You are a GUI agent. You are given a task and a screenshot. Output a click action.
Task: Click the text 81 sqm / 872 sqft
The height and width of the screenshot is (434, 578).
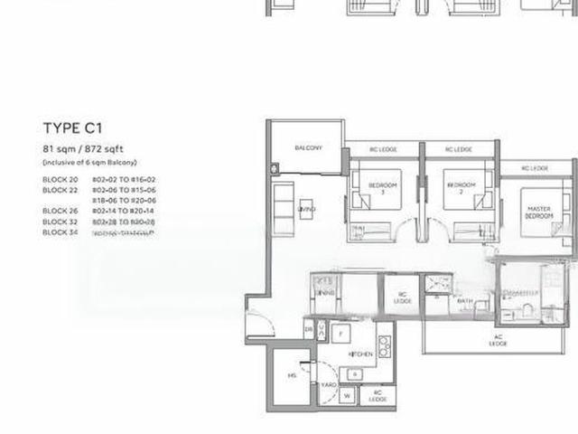point(88,148)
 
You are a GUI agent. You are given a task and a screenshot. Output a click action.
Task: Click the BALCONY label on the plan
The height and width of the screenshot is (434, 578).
point(308,148)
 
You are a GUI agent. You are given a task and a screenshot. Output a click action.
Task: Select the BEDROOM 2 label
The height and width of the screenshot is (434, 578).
point(459,188)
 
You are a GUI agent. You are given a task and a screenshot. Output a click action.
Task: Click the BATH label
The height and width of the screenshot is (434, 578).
point(464,301)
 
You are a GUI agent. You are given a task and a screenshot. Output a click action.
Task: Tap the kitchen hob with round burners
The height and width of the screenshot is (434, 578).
point(384,345)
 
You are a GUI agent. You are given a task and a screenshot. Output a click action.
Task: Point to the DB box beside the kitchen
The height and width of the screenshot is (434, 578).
point(309,331)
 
